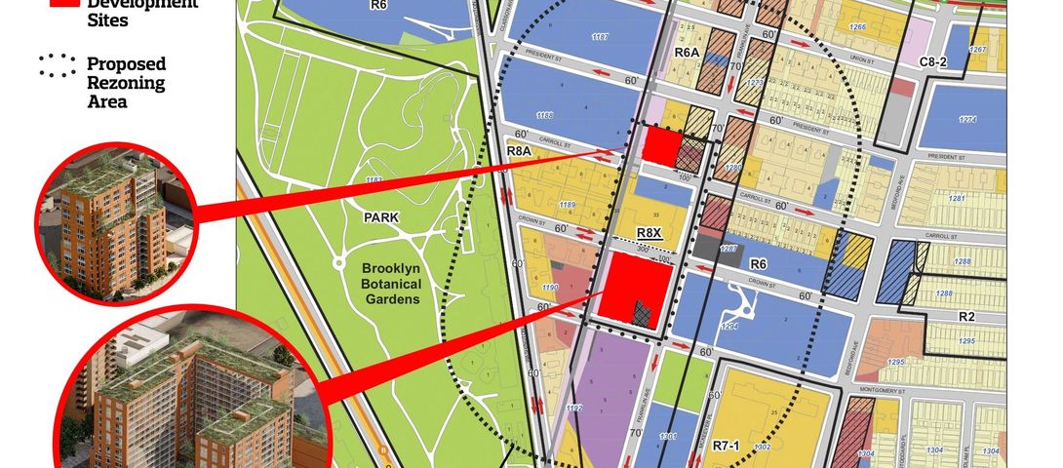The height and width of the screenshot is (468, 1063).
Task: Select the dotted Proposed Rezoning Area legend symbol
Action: pos(58,66)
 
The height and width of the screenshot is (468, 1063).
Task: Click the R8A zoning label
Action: pos(518,152)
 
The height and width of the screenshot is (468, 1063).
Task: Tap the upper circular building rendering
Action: pos(115,223)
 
